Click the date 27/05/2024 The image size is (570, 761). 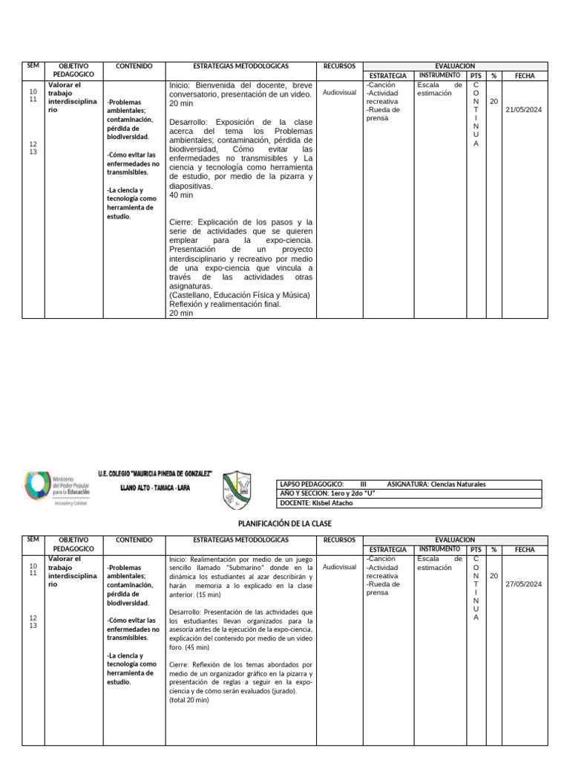524,584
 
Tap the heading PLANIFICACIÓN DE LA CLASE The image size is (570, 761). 284,524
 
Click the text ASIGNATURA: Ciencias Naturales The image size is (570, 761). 436,484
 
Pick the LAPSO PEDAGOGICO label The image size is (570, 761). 312,484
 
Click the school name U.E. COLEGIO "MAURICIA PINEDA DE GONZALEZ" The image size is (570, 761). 155,473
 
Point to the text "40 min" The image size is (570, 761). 181,195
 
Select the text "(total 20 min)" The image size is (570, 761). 189,700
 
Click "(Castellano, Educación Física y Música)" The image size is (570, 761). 240,295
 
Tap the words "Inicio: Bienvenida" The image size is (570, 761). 201,85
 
